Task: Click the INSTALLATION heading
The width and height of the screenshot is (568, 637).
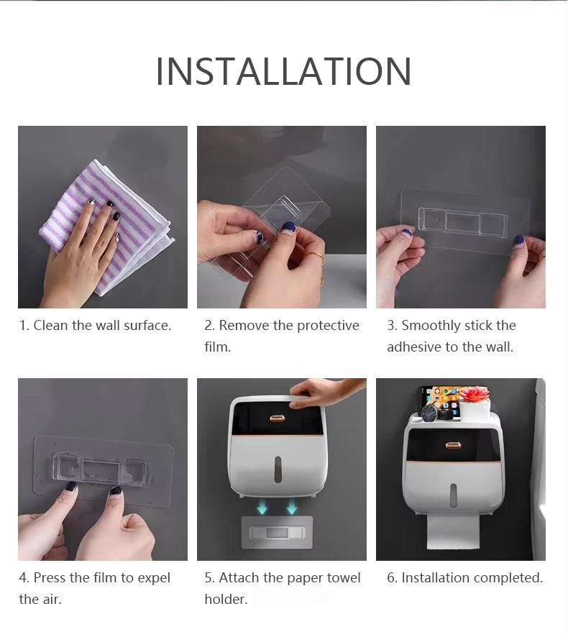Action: tap(283, 71)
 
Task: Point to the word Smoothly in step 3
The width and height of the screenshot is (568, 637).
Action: tap(431, 326)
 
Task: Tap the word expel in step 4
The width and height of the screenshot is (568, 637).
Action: tap(154, 578)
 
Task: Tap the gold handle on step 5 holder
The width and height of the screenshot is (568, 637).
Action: tap(277, 418)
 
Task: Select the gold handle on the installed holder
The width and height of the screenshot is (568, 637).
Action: tap(452, 445)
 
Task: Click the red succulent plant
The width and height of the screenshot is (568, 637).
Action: tap(472, 394)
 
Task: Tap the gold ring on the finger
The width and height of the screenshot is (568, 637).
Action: tap(316, 257)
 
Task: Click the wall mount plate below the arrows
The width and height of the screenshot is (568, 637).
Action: tap(277, 532)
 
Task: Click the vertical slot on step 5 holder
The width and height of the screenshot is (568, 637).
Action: tap(278, 469)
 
